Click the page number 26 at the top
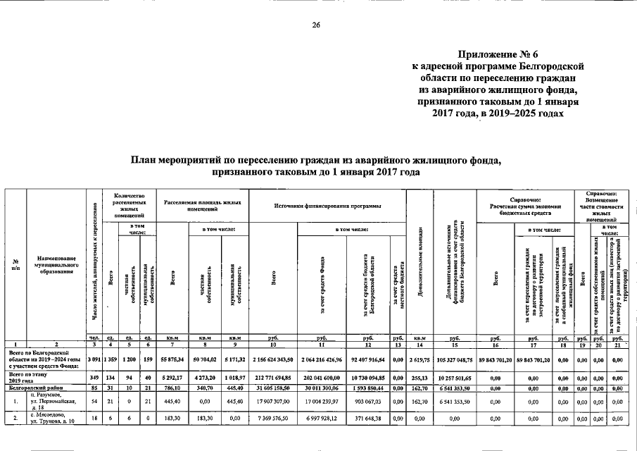click(317, 25)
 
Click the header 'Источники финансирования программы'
click(327, 204)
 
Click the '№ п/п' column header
click(15, 266)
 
